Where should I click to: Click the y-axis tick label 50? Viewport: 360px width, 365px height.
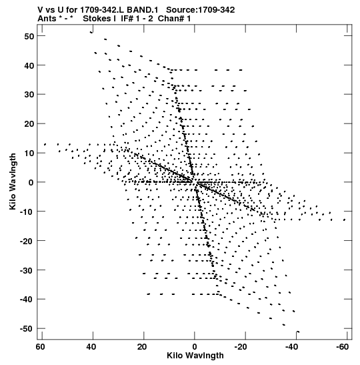point(29,36)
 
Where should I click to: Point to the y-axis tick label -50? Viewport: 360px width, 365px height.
point(27,329)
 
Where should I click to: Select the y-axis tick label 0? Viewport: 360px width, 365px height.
point(31,182)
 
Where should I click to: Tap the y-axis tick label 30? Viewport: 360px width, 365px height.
point(29,95)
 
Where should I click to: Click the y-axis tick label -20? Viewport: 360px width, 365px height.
point(27,241)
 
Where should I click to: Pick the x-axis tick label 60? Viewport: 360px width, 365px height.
point(40,347)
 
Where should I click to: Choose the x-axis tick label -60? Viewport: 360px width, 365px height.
point(342,347)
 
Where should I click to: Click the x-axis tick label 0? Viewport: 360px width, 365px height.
point(195,347)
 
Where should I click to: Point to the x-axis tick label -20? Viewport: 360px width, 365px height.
point(241,347)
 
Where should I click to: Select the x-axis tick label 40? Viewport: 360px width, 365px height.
point(91,347)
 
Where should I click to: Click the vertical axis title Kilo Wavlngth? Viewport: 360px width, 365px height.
point(13,181)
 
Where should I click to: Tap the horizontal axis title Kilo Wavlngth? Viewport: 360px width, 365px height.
point(195,356)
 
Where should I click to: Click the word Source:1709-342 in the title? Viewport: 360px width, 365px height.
point(201,10)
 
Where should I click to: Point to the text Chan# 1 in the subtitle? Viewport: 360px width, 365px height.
point(174,19)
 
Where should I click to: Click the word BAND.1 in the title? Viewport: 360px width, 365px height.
point(142,10)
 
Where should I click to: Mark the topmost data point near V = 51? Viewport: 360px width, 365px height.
point(91,32)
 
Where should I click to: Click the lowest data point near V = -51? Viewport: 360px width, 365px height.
point(298,332)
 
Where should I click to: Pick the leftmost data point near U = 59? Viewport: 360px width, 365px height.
point(45,144)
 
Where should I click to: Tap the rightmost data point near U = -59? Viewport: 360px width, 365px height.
point(345,220)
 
